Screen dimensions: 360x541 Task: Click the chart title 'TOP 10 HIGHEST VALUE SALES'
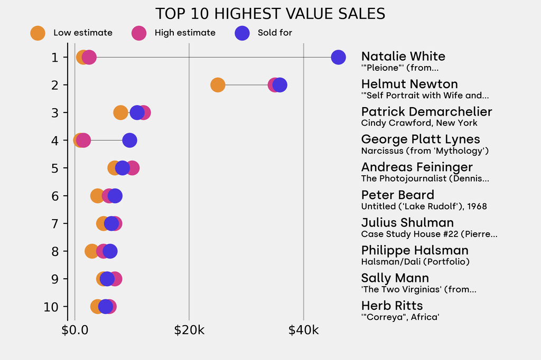270,13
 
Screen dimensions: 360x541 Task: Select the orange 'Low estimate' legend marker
38,33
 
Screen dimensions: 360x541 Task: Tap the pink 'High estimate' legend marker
139,33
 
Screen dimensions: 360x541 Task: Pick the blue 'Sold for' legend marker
242,33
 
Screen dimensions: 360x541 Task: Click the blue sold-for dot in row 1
338,57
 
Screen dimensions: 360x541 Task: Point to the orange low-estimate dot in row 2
218,84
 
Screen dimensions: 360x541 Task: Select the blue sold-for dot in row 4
129,140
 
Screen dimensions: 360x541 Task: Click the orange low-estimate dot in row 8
92,251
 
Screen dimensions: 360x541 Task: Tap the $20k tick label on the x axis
189,330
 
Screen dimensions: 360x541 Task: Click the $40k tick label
303,330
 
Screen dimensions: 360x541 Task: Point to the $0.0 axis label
75,330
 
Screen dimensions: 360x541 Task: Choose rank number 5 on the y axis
55,168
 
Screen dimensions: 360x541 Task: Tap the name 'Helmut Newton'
409,84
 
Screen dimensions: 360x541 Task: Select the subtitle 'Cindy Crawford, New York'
419,123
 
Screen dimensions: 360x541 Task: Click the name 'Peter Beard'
397,195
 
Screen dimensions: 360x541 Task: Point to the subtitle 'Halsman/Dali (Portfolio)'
415,262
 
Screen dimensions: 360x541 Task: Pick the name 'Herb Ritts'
391,306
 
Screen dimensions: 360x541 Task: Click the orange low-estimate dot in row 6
97,196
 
